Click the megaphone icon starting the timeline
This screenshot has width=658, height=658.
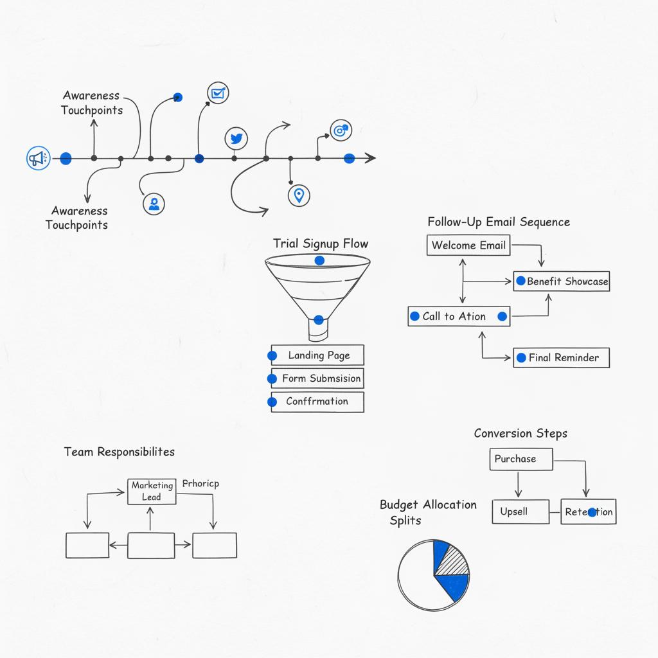pyautogui.click(x=38, y=158)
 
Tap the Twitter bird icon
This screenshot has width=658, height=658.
pyautogui.click(x=236, y=138)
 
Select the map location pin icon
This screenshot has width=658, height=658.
pyautogui.click(x=299, y=195)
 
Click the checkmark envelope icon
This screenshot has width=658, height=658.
pyautogui.click(x=218, y=93)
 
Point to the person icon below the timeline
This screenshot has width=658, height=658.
pyautogui.click(x=154, y=204)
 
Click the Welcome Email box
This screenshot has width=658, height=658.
pyautogui.click(x=469, y=245)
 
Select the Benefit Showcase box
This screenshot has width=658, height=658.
pyautogui.click(x=561, y=281)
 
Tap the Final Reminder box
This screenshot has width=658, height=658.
pyautogui.click(x=561, y=358)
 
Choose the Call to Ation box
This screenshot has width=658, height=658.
pyautogui.click(x=459, y=316)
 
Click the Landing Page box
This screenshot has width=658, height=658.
pyautogui.click(x=317, y=355)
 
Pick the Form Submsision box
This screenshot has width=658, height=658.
pyautogui.click(x=317, y=378)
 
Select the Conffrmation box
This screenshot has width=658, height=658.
pyautogui.click(x=317, y=402)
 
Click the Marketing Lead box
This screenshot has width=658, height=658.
pyautogui.click(x=152, y=492)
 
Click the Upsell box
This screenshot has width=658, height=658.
pyautogui.click(x=520, y=512)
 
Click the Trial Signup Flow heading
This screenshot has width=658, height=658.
pyautogui.click(x=321, y=244)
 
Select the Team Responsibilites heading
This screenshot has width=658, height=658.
pyautogui.click(x=119, y=452)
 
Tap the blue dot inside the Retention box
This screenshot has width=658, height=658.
pyautogui.click(x=592, y=512)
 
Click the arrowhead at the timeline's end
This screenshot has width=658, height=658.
pyautogui.click(x=371, y=158)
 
